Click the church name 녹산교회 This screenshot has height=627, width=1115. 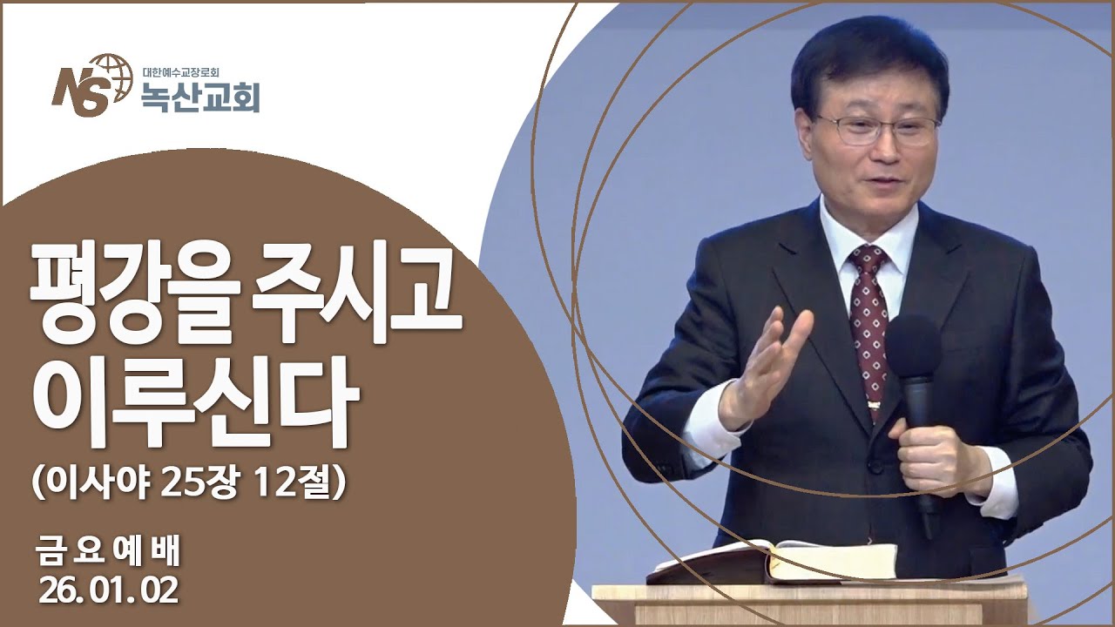click(200, 98)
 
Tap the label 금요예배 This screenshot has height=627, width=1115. click(108, 550)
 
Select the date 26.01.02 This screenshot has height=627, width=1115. click(108, 591)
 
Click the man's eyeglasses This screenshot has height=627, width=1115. click(875, 130)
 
